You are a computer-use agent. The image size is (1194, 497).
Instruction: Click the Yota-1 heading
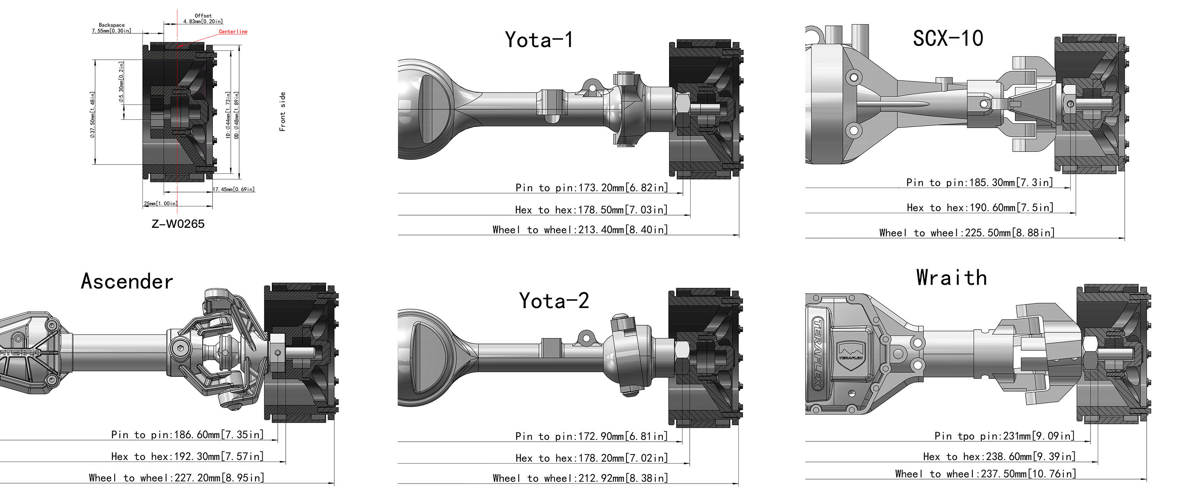(x=539, y=40)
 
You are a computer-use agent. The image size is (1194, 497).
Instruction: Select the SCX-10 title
(x=948, y=38)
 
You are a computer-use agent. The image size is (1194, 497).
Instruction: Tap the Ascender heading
(x=127, y=281)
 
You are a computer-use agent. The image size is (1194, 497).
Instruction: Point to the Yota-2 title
(x=554, y=301)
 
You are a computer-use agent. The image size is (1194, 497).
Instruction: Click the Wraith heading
(x=952, y=278)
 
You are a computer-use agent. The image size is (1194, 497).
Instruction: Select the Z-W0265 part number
(x=178, y=224)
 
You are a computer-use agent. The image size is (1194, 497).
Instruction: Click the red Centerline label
(x=233, y=31)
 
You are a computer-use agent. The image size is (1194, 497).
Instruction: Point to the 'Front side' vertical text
(x=282, y=112)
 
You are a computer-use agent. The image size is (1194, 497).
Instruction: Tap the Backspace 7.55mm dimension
(x=111, y=28)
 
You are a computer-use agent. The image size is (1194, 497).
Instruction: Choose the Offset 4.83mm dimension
(x=203, y=19)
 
